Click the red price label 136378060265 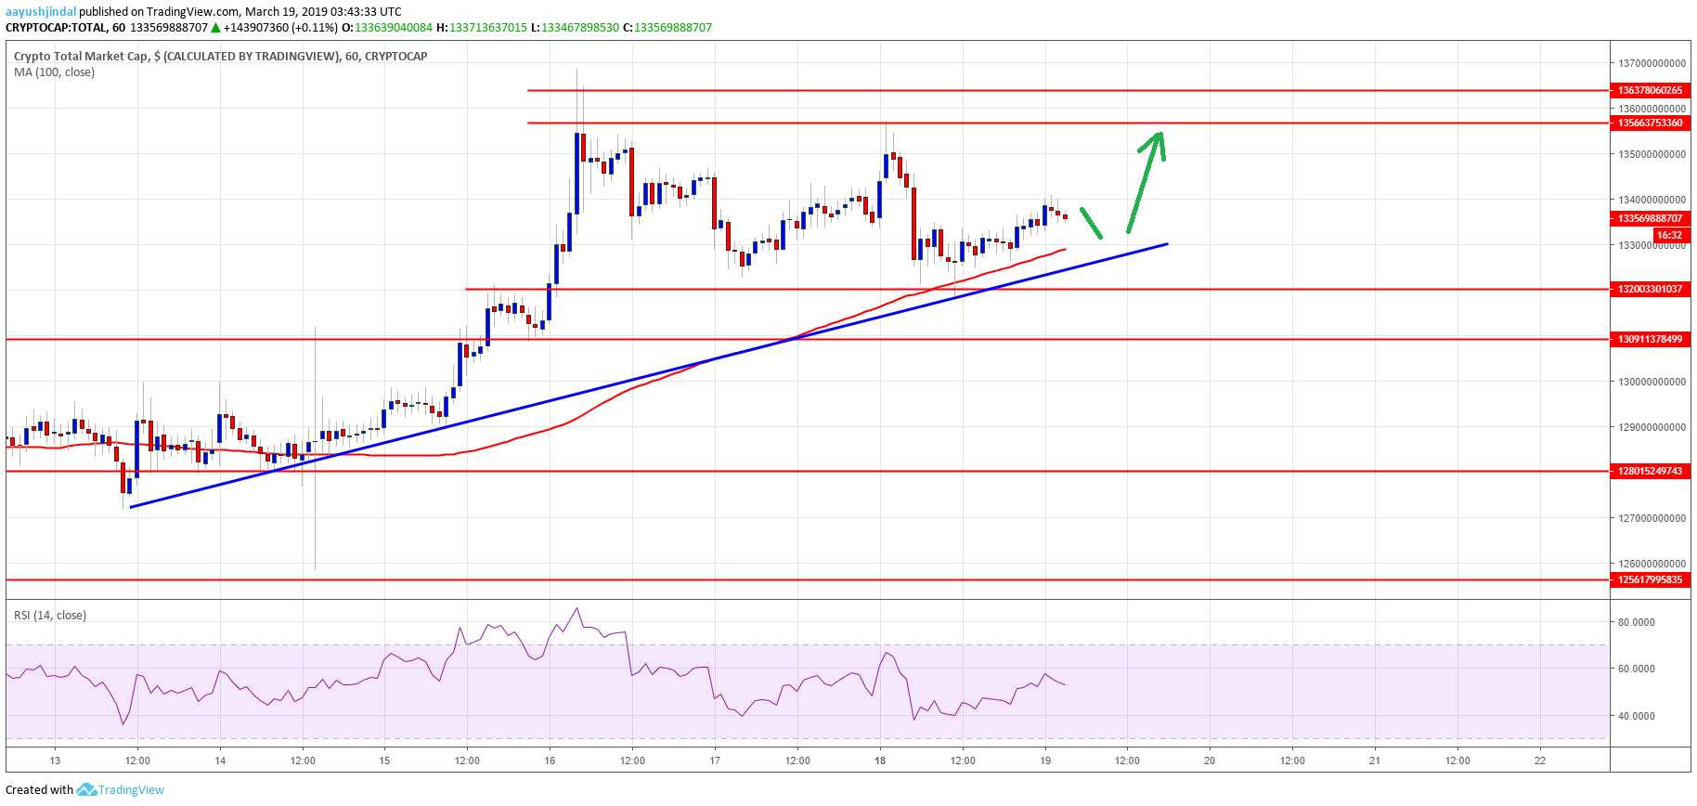pyautogui.click(x=1650, y=90)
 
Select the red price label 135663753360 pyautogui.click(x=1650, y=123)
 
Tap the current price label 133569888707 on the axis pyautogui.click(x=1650, y=218)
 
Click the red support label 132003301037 pyautogui.click(x=1650, y=289)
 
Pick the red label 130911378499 pyautogui.click(x=1650, y=339)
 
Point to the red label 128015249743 pyautogui.click(x=1650, y=471)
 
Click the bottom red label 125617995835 pyautogui.click(x=1650, y=579)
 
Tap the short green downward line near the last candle pyautogui.click(x=1091, y=223)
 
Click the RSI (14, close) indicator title pyautogui.click(x=50, y=616)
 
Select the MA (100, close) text pyautogui.click(x=54, y=72)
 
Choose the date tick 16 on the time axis pyautogui.click(x=550, y=760)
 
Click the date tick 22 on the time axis pyautogui.click(x=1540, y=760)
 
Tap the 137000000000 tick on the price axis pyautogui.click(x=1652, y=63)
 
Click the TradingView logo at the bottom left pyautogui.click(x=121, y=790)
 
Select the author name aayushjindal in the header pyautogui.click(x=41, y=12)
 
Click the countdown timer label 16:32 pyautogui.click(x=1669, y=235)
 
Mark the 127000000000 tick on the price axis pyautogui.click(x=1652, y=518)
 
